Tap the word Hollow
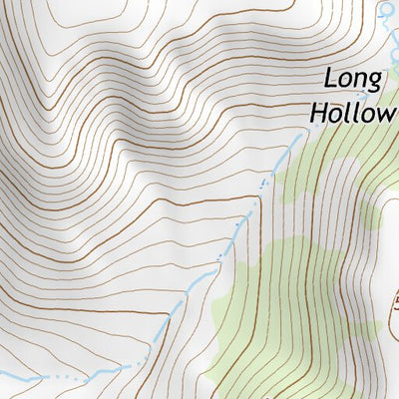(x=352, y=112)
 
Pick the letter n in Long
(x=361, y=81)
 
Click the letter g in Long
(x=375, y=83)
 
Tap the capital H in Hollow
(x=317, y=111)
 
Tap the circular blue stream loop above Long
(x=387, y=11)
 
